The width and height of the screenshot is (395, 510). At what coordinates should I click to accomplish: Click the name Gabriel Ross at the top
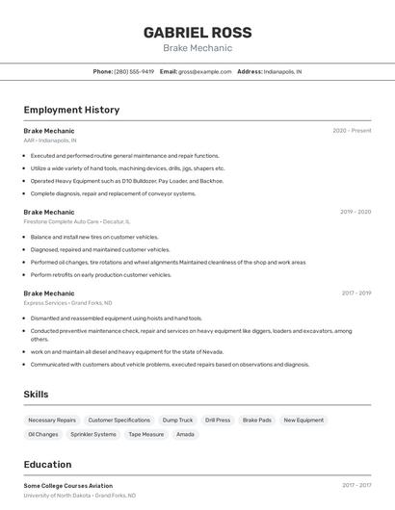click(x=197, y=32)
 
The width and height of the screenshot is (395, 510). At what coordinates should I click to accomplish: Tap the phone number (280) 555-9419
click(x=134, y=71)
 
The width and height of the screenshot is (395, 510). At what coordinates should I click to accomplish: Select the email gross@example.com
click(x=205, y=71)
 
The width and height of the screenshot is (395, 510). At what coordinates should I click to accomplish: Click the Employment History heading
click(x=71, y=110)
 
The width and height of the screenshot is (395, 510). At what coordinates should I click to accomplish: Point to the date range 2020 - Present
click(x=352, y=130)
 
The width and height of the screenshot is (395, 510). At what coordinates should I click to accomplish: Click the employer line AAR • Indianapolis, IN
click(x=50, y=140)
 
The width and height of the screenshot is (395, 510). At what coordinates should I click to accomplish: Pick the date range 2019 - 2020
click(x=355, y=212)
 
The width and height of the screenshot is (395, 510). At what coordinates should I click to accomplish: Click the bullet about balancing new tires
click(x=94, y=237)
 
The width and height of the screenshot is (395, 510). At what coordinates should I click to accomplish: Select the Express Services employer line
click(x=68, y=303)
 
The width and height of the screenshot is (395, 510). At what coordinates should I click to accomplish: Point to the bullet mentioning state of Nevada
click(x=127, y=352)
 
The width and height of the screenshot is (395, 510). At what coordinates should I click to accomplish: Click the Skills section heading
click(x=36, y=395)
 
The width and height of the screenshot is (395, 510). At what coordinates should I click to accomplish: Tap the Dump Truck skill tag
click(x=177, y=421)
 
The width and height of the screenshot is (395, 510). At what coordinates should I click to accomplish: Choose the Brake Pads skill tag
click(x=257, y=421)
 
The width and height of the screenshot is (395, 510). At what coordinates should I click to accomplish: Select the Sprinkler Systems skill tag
click(x=92, y=434)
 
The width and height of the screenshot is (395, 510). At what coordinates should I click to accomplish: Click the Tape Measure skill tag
click(x=145, y=434)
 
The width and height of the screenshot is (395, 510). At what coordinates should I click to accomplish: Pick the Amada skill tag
click(x=185, y=434)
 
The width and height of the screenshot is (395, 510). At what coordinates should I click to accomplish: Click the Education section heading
click(x=47, y=465)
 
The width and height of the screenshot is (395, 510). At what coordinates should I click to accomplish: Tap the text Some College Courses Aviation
click(x=68, y=486)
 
